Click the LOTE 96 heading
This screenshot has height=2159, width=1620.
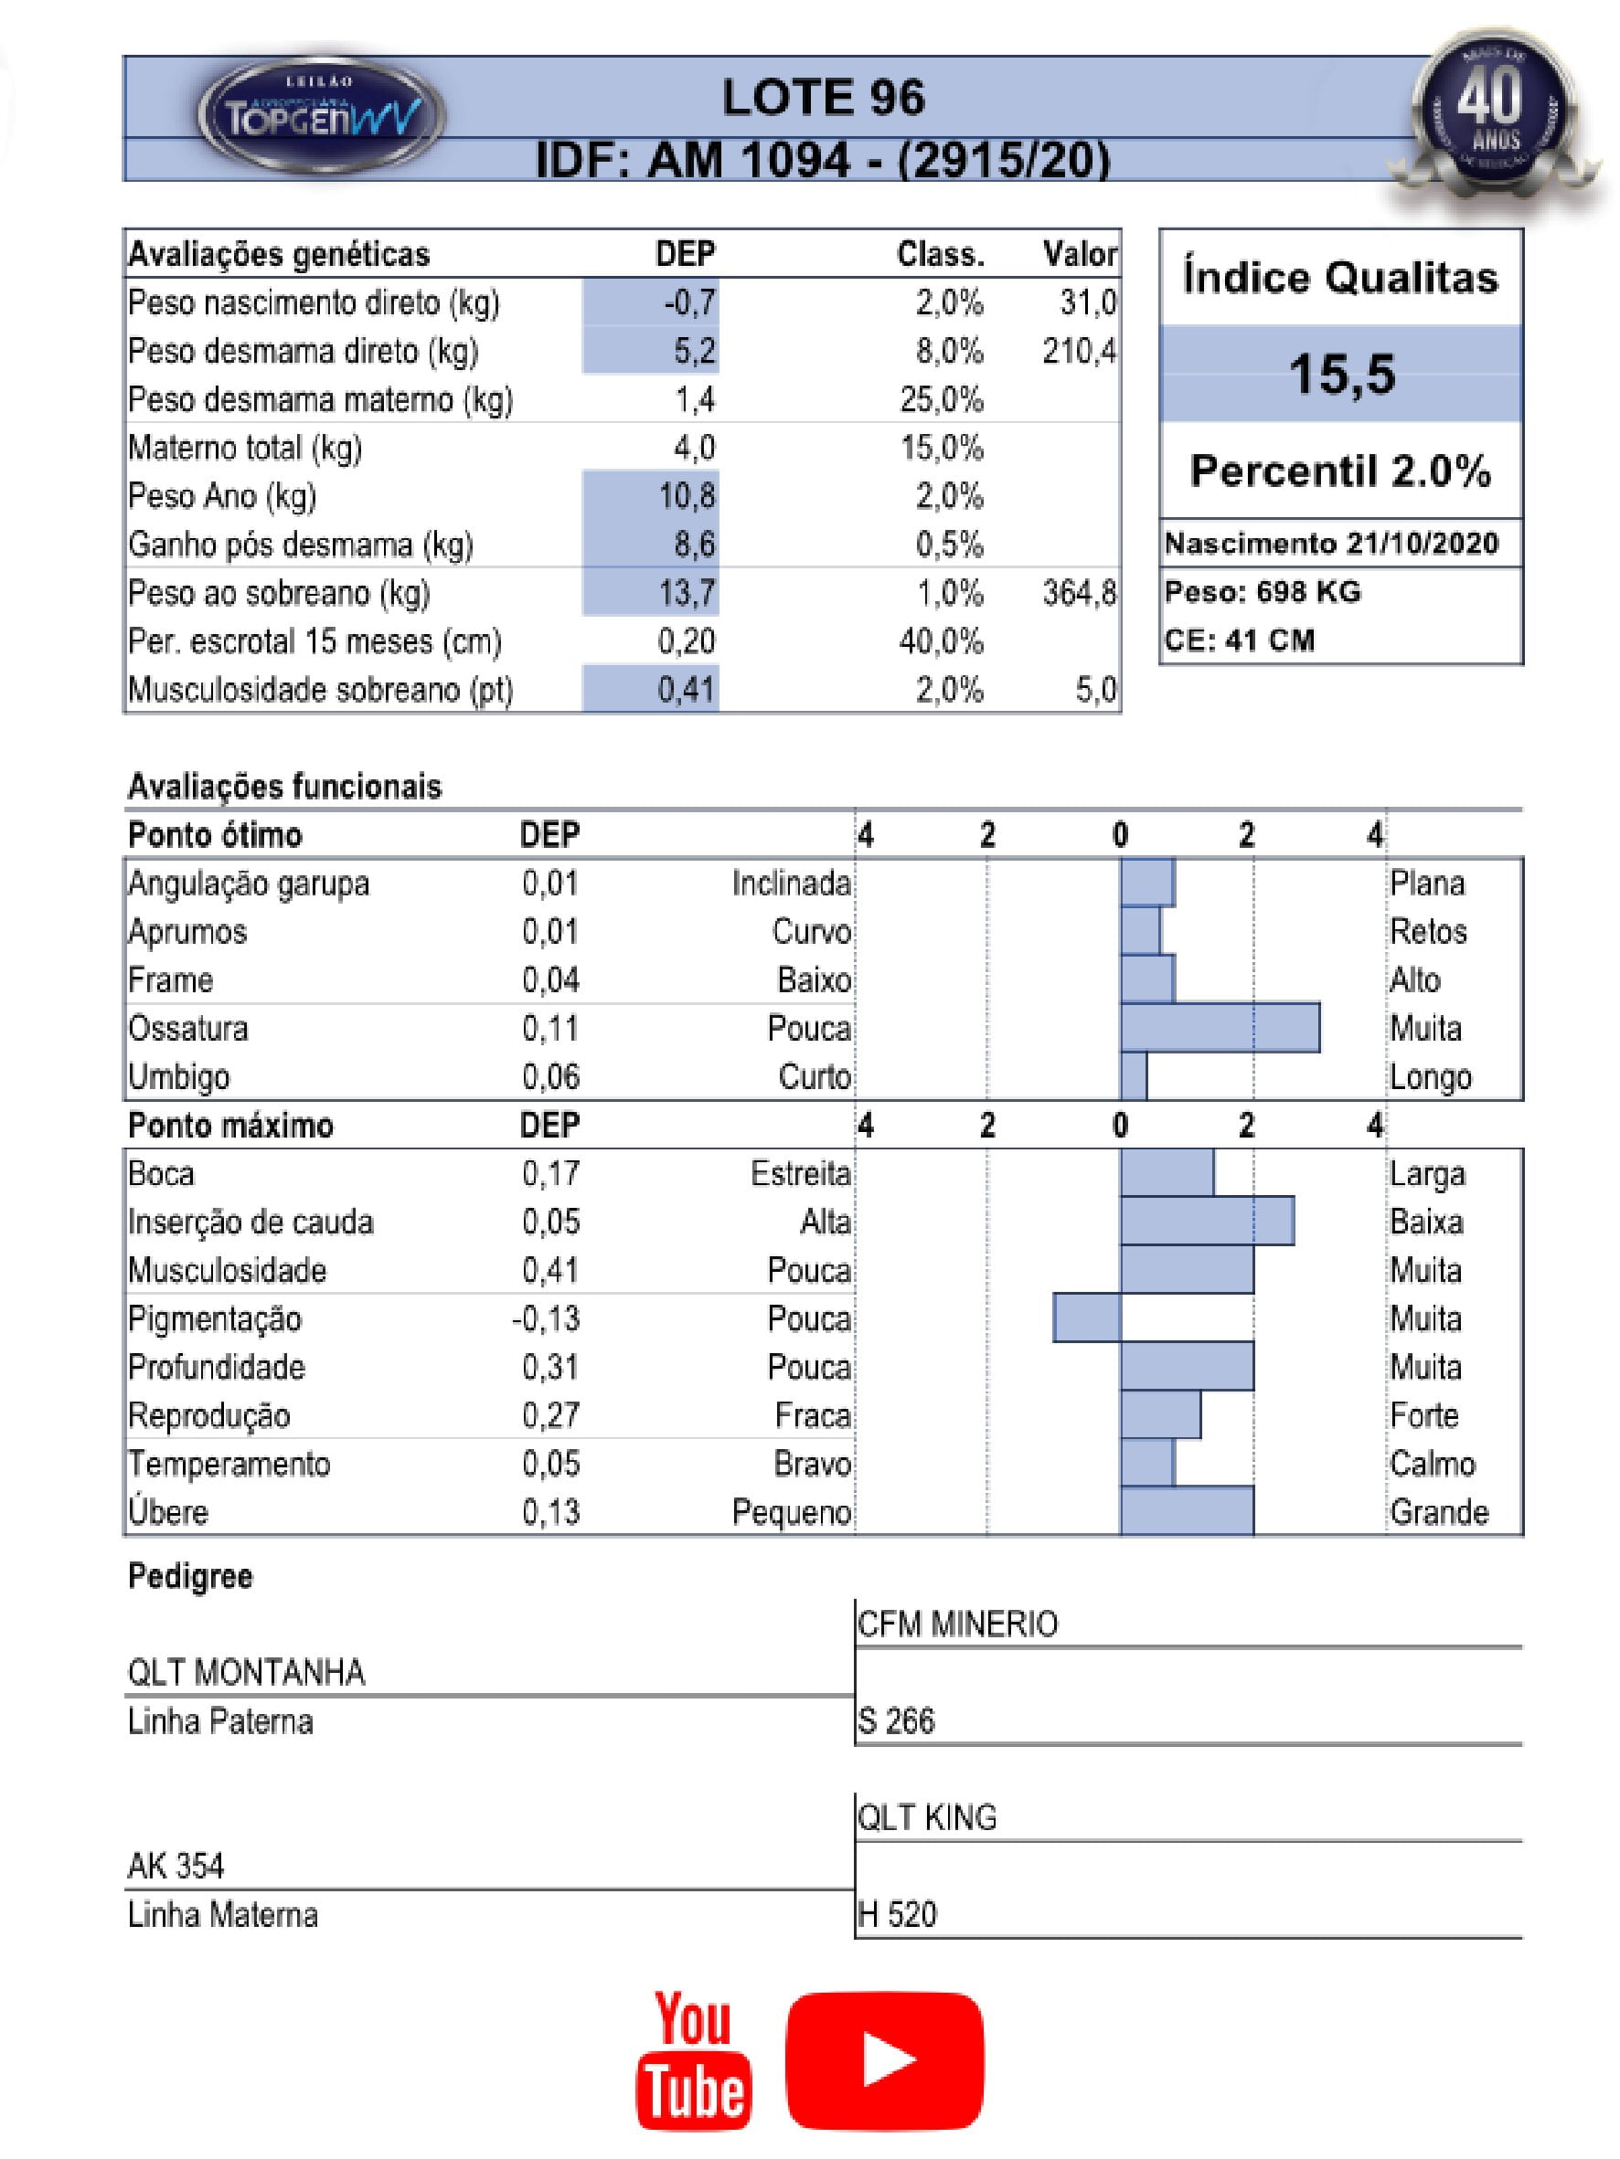(822, 98)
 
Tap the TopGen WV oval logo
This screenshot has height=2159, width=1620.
(321, 115)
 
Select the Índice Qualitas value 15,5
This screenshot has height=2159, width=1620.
(1341, 374)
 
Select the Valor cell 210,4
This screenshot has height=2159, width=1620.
(1078, 351)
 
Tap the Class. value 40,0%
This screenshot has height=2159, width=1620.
(941, 641)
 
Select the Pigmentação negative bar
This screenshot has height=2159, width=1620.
(1086, 1318)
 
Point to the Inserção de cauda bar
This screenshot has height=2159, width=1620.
(1206, 1222)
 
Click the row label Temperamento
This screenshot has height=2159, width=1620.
(229, 1464)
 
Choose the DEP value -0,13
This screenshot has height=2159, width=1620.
(546, 1318)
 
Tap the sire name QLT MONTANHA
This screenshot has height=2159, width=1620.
(246, 1673)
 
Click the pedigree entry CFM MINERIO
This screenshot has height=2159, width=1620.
(957, 1625)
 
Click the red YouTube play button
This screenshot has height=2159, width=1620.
(884, 2060)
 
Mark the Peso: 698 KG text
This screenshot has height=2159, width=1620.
(1262, 592)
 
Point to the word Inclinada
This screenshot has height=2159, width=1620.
(791, 884)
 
